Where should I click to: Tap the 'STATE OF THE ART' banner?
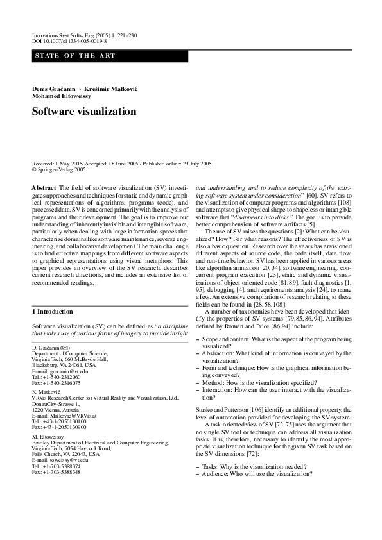coord(76,56)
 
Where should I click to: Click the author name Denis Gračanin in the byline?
coord(55,87)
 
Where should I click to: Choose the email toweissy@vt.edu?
coord(71,460)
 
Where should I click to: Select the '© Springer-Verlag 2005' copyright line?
coord(58,170)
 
